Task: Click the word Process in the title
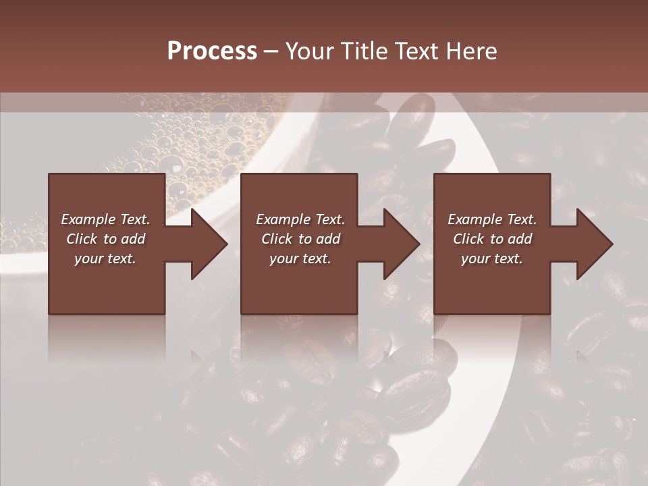click(x=212, y=51)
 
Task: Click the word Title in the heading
click(x=364, y=51)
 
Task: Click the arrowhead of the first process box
click(x=208, y=244)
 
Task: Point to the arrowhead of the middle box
click(x=400, y=244)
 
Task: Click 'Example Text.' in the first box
click(x=105, y=219)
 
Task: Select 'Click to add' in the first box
click(x=105, y=239)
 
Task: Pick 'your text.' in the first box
click(x=105, y=259)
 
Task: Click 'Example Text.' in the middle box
click(x=300, y=219)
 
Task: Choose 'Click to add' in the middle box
click(x=300, y=239)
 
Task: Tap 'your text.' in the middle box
click(x=300, y=259)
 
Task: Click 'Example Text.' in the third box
click(x=492, y=219)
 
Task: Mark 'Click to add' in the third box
click(x=492, y=239)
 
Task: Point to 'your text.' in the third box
click(x=492, y=259)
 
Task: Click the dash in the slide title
click(x=271, y=51)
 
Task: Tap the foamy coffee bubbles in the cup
click(x=196, y=135)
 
